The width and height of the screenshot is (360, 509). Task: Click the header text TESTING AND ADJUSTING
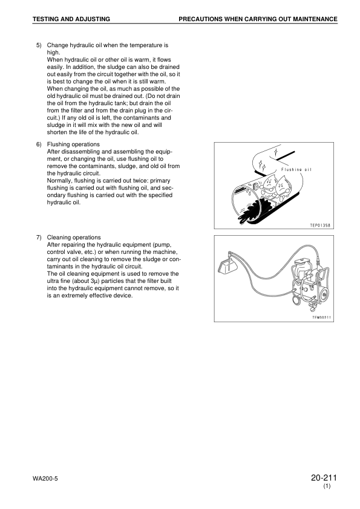(71, 19)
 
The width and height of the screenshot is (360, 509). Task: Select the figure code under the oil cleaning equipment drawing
(321, 317)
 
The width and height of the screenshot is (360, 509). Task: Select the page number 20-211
(322, 478)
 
